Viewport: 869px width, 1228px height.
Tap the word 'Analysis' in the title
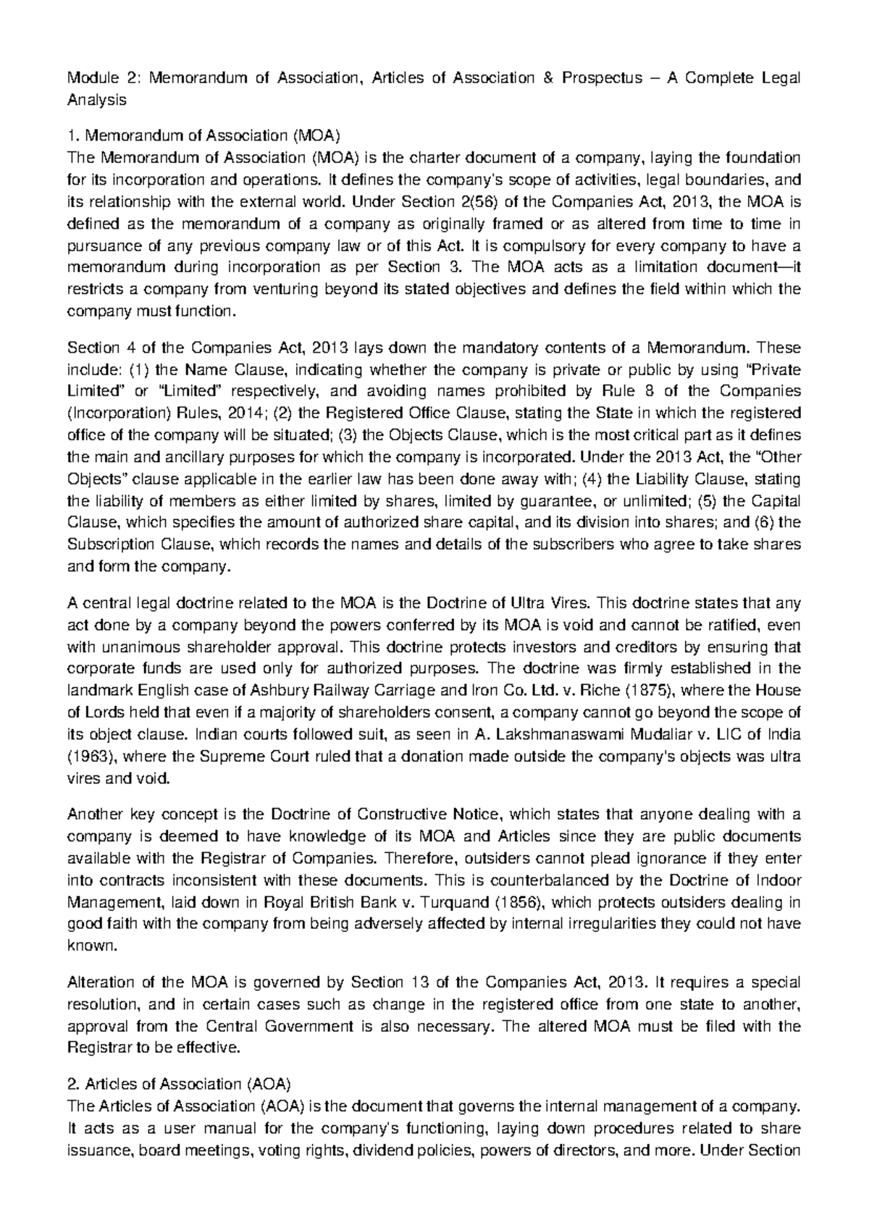tap(96, 100)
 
